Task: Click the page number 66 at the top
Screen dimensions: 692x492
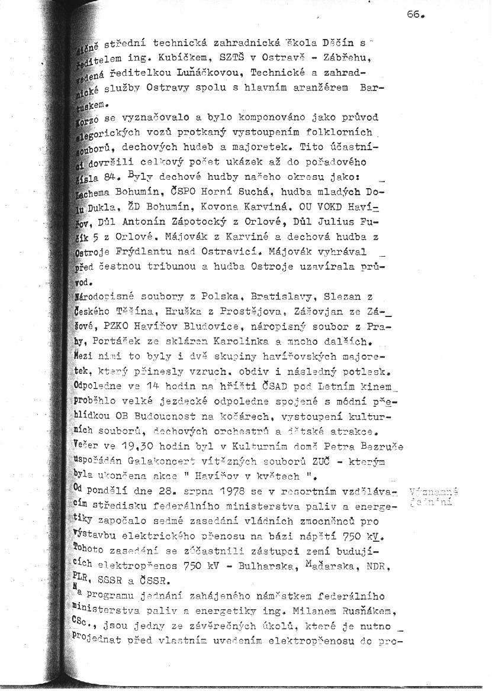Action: (x=416, y=15)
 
